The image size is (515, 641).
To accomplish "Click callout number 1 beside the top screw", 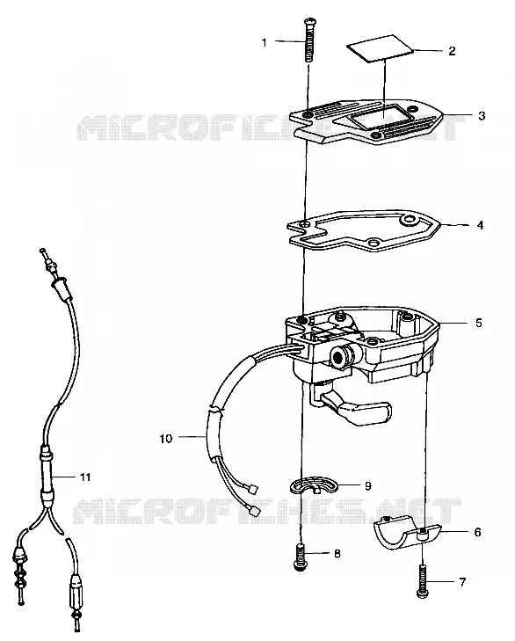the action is point(264,42).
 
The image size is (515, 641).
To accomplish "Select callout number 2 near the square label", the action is point(452,51).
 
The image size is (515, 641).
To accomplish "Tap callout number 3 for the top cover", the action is point(482,116).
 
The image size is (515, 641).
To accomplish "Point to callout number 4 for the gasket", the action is point(480,225).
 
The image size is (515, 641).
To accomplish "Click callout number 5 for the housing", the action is point(479,323).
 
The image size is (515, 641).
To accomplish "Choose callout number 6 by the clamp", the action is point(477,532).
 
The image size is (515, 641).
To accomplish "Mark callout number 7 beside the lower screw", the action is point(462,582).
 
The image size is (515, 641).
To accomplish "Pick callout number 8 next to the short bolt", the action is point(337,554).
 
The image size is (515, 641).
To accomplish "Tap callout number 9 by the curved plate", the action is point(368,485).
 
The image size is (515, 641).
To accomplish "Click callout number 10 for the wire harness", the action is point(166,439).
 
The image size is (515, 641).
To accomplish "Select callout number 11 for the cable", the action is point(85,477).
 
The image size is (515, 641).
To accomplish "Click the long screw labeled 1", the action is point(308,40).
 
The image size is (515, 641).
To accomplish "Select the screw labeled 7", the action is point(423,580).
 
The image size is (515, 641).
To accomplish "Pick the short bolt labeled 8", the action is point(301,557).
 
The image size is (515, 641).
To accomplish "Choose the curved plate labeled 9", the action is point(314,484).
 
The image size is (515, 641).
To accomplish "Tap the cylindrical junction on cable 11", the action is point(47,472).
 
